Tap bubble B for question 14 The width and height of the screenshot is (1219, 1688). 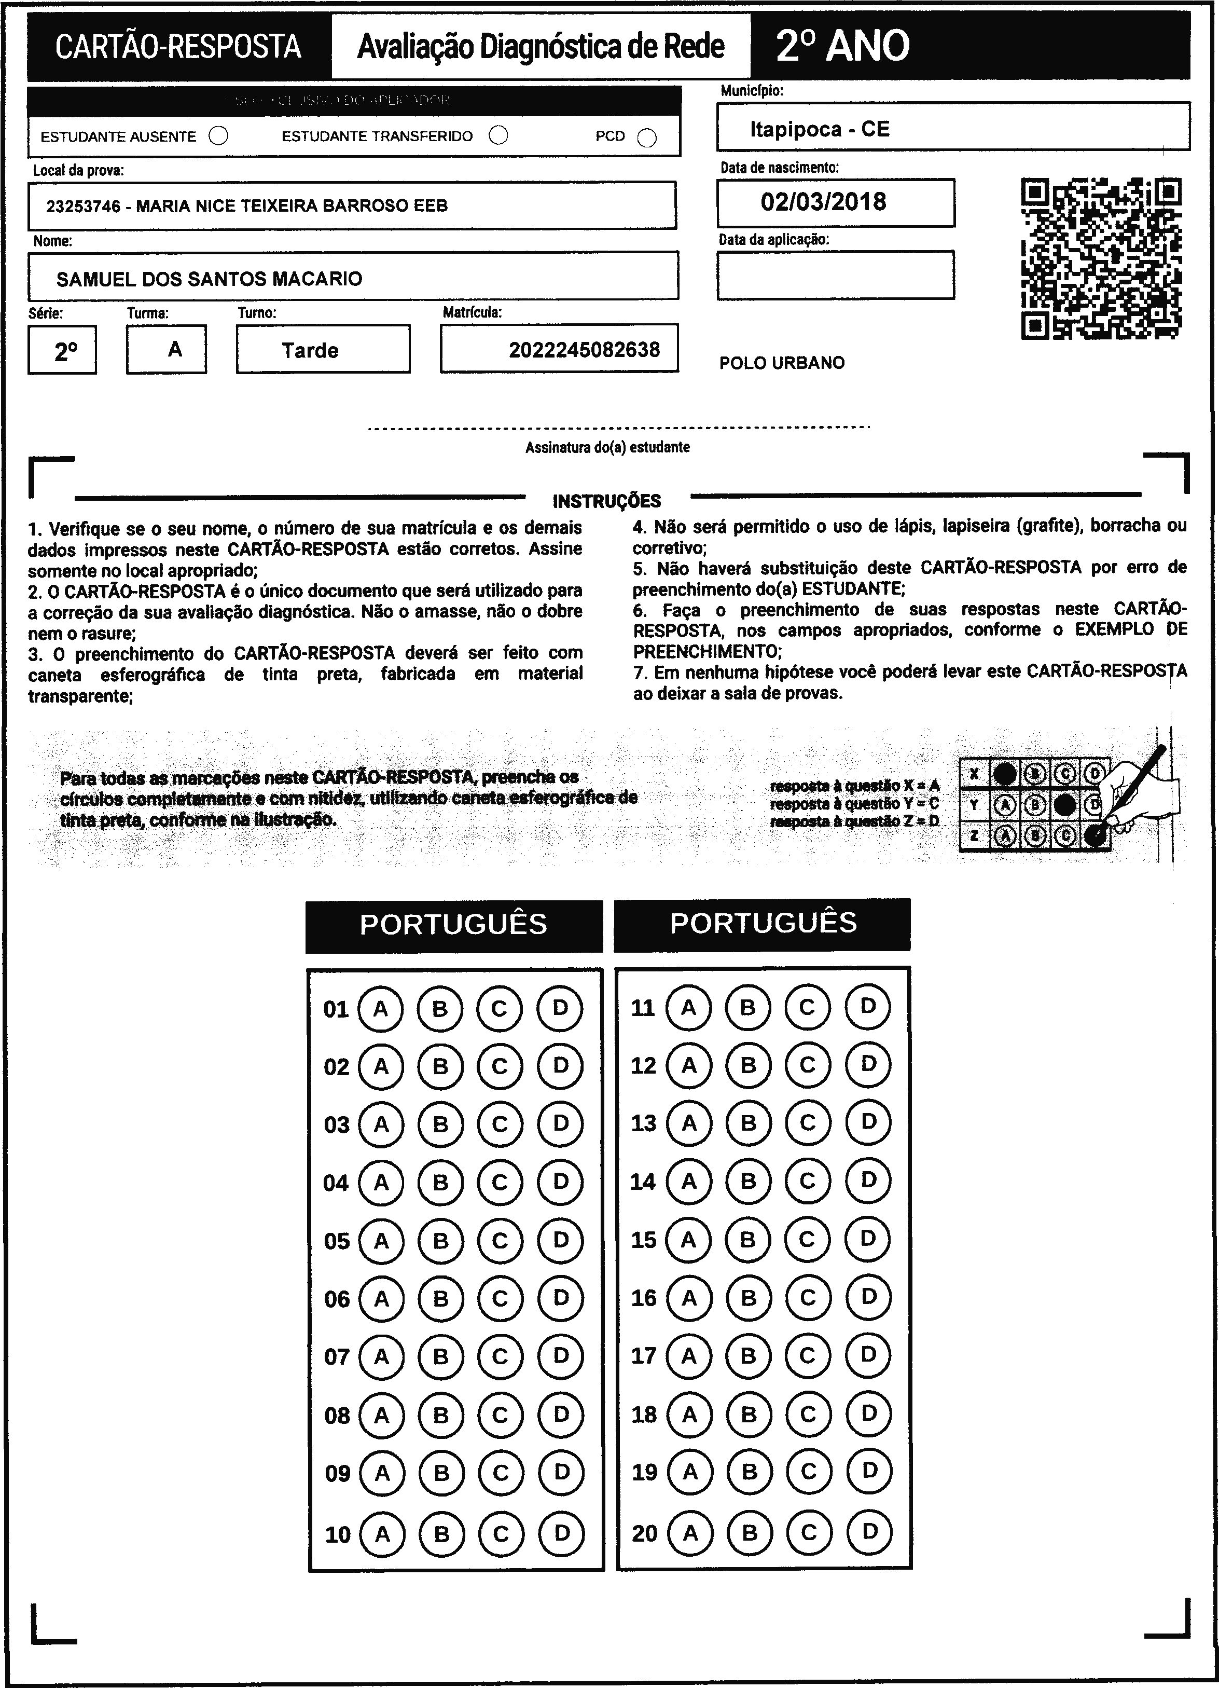[749, 1181]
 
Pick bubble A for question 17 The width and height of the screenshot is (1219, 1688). [689, 1355]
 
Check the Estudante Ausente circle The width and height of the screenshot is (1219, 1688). [219, 136]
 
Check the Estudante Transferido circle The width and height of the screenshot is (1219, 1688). [498, 135]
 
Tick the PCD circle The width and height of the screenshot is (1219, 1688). [647, 138]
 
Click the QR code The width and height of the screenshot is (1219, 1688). [1101, 258]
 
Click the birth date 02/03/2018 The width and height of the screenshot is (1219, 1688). [823, 202]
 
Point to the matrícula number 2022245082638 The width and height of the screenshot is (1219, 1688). [584, 350]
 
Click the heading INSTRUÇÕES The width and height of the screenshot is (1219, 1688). [606, 501]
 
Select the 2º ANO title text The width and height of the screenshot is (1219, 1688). [842, 46]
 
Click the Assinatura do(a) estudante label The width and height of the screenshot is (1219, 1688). [607, 447]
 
